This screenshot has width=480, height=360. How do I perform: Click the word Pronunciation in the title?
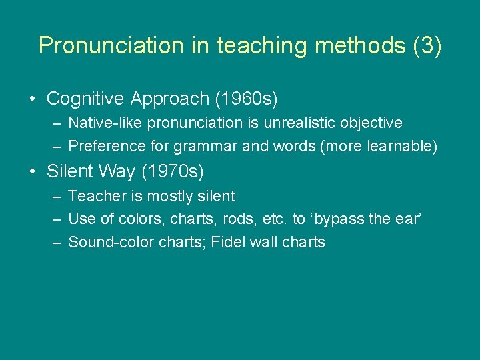click(102, 45)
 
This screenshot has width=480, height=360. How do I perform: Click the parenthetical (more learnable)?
click(379, 146)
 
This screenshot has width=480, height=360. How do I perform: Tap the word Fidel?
click(228, 242)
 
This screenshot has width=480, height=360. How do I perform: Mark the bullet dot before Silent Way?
click(33, 172)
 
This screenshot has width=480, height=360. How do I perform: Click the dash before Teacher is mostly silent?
click(55, 197)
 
